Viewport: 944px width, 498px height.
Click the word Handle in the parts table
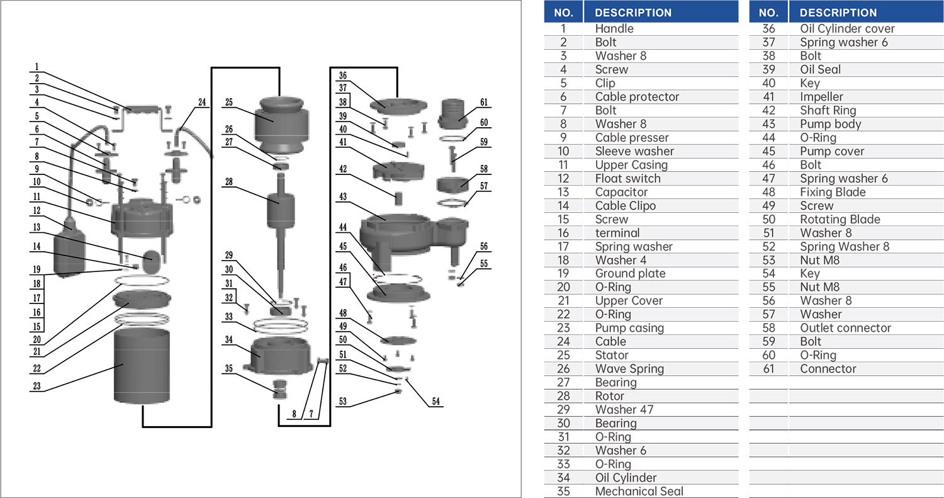614,28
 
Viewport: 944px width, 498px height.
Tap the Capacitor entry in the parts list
621,192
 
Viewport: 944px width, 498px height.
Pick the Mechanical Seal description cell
639,491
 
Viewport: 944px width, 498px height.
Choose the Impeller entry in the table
821,96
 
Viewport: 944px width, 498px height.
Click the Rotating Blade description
840,219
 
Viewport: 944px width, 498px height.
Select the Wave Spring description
629,369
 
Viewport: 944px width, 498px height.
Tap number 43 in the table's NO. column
768,124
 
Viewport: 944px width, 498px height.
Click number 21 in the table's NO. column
563,301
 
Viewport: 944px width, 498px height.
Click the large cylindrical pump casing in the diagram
142,365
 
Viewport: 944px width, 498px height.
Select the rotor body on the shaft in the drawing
281,211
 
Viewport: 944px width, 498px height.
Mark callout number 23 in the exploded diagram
37,386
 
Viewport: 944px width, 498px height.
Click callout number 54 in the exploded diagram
436,401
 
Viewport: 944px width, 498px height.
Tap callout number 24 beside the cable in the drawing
201,103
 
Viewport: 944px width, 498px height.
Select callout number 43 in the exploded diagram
343,197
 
